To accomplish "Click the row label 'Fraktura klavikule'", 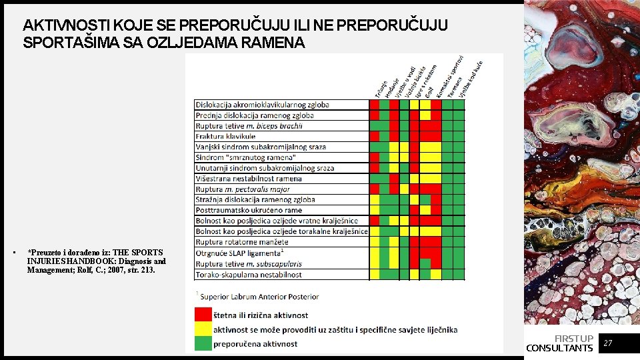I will point(225,136).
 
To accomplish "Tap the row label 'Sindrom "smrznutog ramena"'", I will point(245,157).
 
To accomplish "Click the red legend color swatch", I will point(203,315).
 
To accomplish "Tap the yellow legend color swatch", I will point(203,329).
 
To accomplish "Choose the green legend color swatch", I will point(203,343).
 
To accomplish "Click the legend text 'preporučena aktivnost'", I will point(255,344).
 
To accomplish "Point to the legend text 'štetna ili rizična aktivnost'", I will point(261,315).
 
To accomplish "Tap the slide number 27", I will point(607,343).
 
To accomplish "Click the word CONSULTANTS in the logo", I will point(559,348).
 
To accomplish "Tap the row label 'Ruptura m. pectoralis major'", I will point(243,189).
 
